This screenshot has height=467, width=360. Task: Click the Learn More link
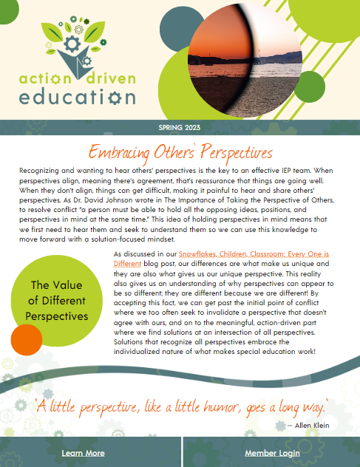83,453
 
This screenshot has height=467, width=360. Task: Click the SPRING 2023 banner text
180,128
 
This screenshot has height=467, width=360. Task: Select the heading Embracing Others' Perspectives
180,153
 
